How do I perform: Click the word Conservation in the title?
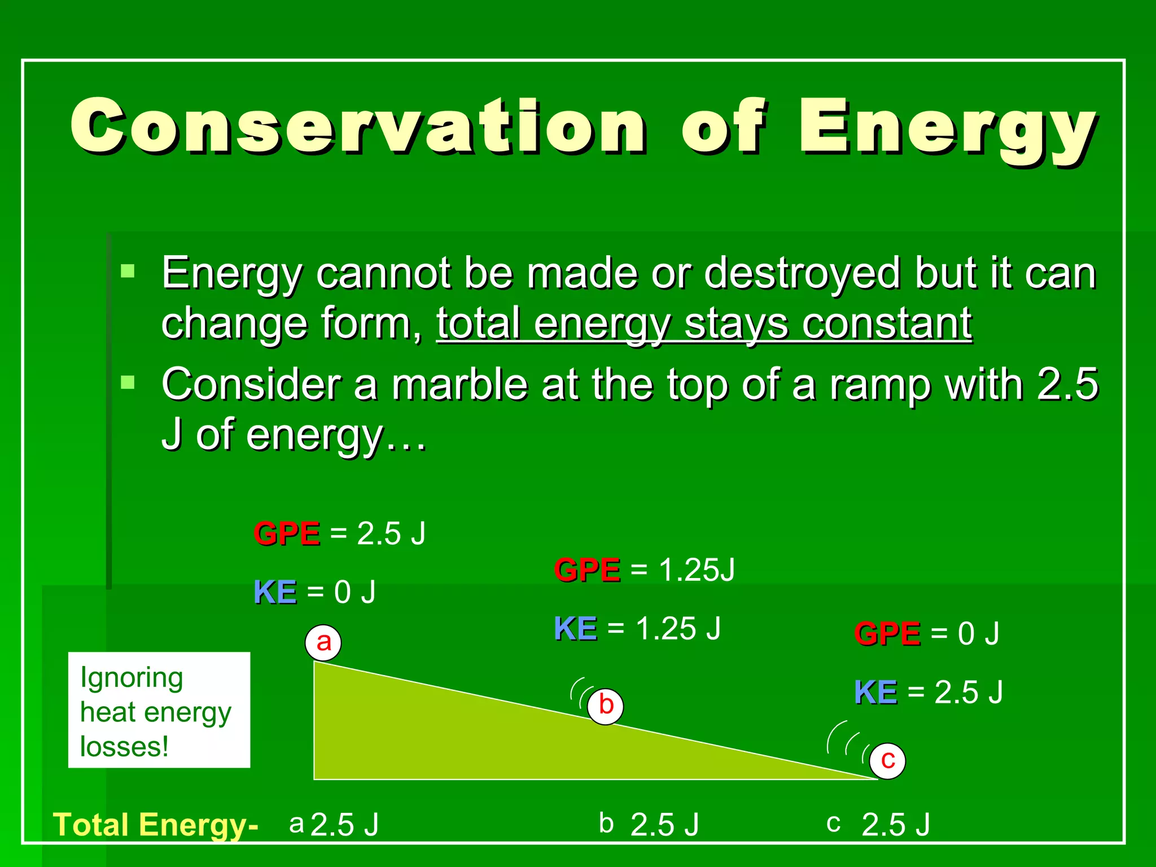tap(358, 127)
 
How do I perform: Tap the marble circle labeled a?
tap(323, 642)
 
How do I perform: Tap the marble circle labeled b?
tap(605, 706)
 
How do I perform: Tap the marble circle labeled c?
tap(887, 760)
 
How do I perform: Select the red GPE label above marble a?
tap(287, 533)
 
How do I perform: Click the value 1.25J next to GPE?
tap(697, 570)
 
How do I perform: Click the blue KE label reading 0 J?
tap(275, 593)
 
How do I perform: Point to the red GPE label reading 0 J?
tap(887, 633)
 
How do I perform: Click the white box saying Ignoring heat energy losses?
tap(159, 710)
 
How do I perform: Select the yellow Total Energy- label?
tap(155, 825)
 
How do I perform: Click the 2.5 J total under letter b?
tap(664, 825)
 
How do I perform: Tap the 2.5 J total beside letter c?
tap(896, 825)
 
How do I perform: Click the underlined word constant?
tap(887, 325)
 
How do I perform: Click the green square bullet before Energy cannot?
tap(128, 271)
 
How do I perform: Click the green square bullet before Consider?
tap(128, 383)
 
